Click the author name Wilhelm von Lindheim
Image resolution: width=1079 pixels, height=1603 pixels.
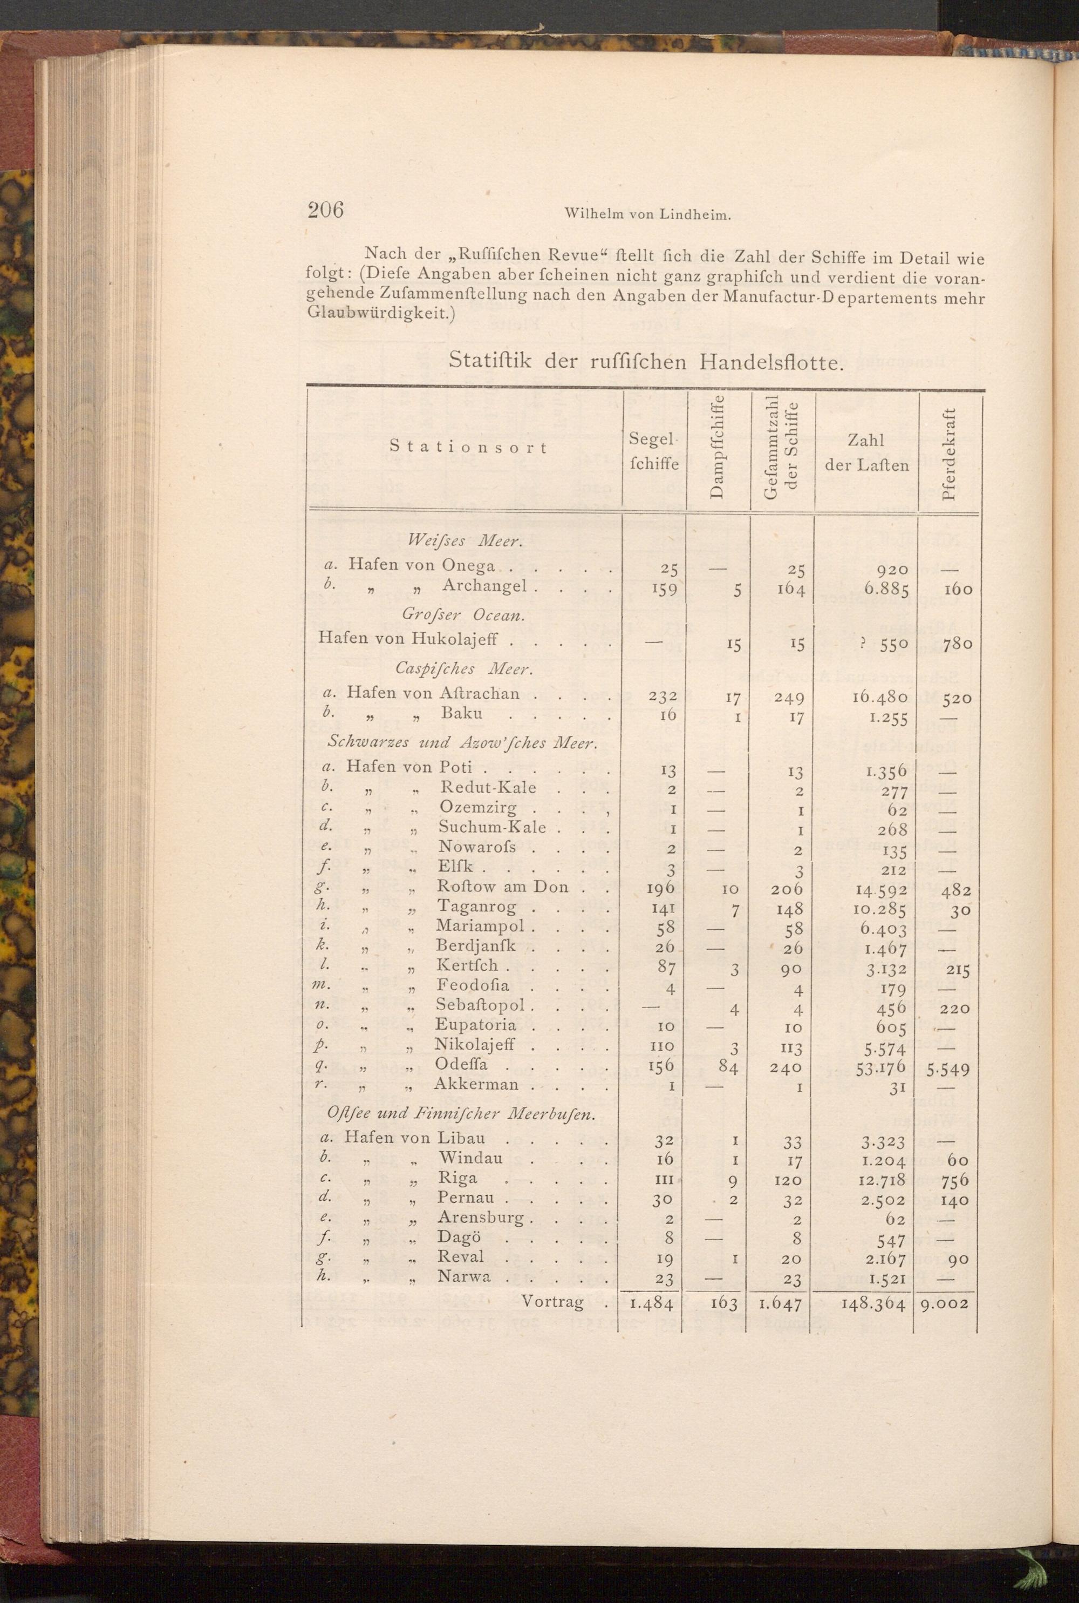[x=647, y=214]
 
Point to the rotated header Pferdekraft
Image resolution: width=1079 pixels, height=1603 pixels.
[x=950, y=455]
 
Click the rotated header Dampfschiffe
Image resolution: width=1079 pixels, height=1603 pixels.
[x=716, y=447]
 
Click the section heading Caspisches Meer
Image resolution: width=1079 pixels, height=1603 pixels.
[x=465, y=668]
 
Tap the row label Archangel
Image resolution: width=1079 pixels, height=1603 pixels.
[x=484, y=586]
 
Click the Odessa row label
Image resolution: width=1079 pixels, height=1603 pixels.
[x=461, y=1065]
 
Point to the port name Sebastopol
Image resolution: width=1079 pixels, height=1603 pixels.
[x=480, y=1005]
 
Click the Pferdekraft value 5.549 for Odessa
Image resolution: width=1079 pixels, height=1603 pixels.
[x=948, y=1070]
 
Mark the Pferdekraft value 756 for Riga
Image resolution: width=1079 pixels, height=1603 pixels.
[x=954, y=1181]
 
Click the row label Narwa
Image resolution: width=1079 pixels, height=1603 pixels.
[x=465, y=1276]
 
